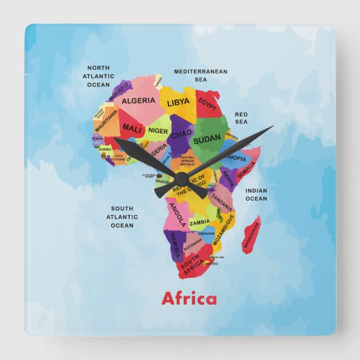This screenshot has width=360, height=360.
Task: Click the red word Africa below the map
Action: coord(188,299)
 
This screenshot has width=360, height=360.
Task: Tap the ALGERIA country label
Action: coord(138,101)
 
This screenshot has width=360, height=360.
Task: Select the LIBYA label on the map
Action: coord(178,103)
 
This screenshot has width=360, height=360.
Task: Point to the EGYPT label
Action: coord(207,105)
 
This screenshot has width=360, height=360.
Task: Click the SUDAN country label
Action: coord(206,139)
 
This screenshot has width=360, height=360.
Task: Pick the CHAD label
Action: coord(181,135)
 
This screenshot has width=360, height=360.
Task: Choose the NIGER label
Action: coord(158,131)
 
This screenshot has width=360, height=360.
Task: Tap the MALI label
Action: coord(132,128)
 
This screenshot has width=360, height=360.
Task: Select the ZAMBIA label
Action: coord(200,222)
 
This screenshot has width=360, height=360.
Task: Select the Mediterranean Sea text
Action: coord(201,75)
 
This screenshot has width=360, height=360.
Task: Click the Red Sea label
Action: coord(241,118)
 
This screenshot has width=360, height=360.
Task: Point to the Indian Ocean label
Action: coord(256,195)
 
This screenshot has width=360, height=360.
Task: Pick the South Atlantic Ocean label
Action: coord(122,217)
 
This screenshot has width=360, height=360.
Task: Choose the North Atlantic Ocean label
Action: coord(98,76)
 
